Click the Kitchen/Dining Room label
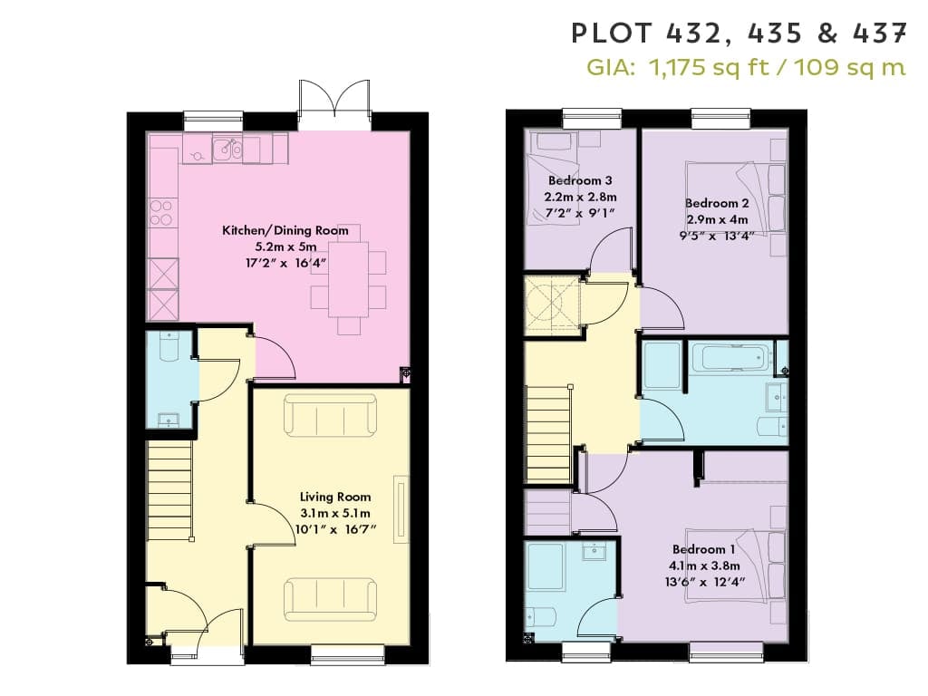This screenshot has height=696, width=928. click(285, 230)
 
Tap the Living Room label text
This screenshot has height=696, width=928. click(335, 498)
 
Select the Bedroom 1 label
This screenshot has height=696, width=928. click(703, 549)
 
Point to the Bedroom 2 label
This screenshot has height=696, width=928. click(717, 203)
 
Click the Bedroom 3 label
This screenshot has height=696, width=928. click(580, 180)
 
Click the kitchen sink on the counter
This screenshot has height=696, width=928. click(227, 150)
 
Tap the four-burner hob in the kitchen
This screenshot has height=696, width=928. click(161, 212)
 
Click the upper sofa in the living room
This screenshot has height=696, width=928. click(330, 415)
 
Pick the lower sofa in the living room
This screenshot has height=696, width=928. click(330, 599)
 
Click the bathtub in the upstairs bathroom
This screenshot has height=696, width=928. click(730, 357)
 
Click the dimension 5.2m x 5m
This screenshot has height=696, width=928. click(285, 246)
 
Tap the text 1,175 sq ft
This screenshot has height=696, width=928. click(709, 67)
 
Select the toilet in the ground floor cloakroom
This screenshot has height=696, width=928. click(169, 347)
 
